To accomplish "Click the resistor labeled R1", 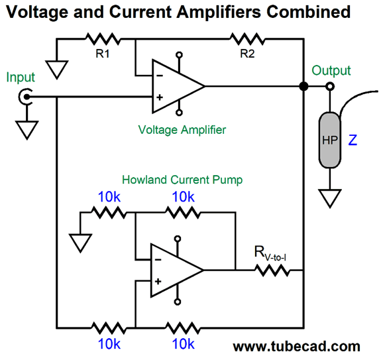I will pyautogui.click(x=101, y=39).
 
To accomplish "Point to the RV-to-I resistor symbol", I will pyautogui.click(x=271, y=270).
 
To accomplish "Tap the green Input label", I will pyautogui.click(x=21, y=78).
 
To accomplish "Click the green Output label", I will pyautogui.click(x=331, y=71).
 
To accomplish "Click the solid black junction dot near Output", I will pyautogui.click(x=303, y=86).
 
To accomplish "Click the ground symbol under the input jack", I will pyautogui.click(x=26, y=130).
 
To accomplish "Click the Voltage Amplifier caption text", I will pyautogui.click(x=182, y=130).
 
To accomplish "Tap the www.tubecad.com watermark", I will pyautogui.click(x=296, y=346).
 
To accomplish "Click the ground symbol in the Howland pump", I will pyautogui.click(x=80, y=242).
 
